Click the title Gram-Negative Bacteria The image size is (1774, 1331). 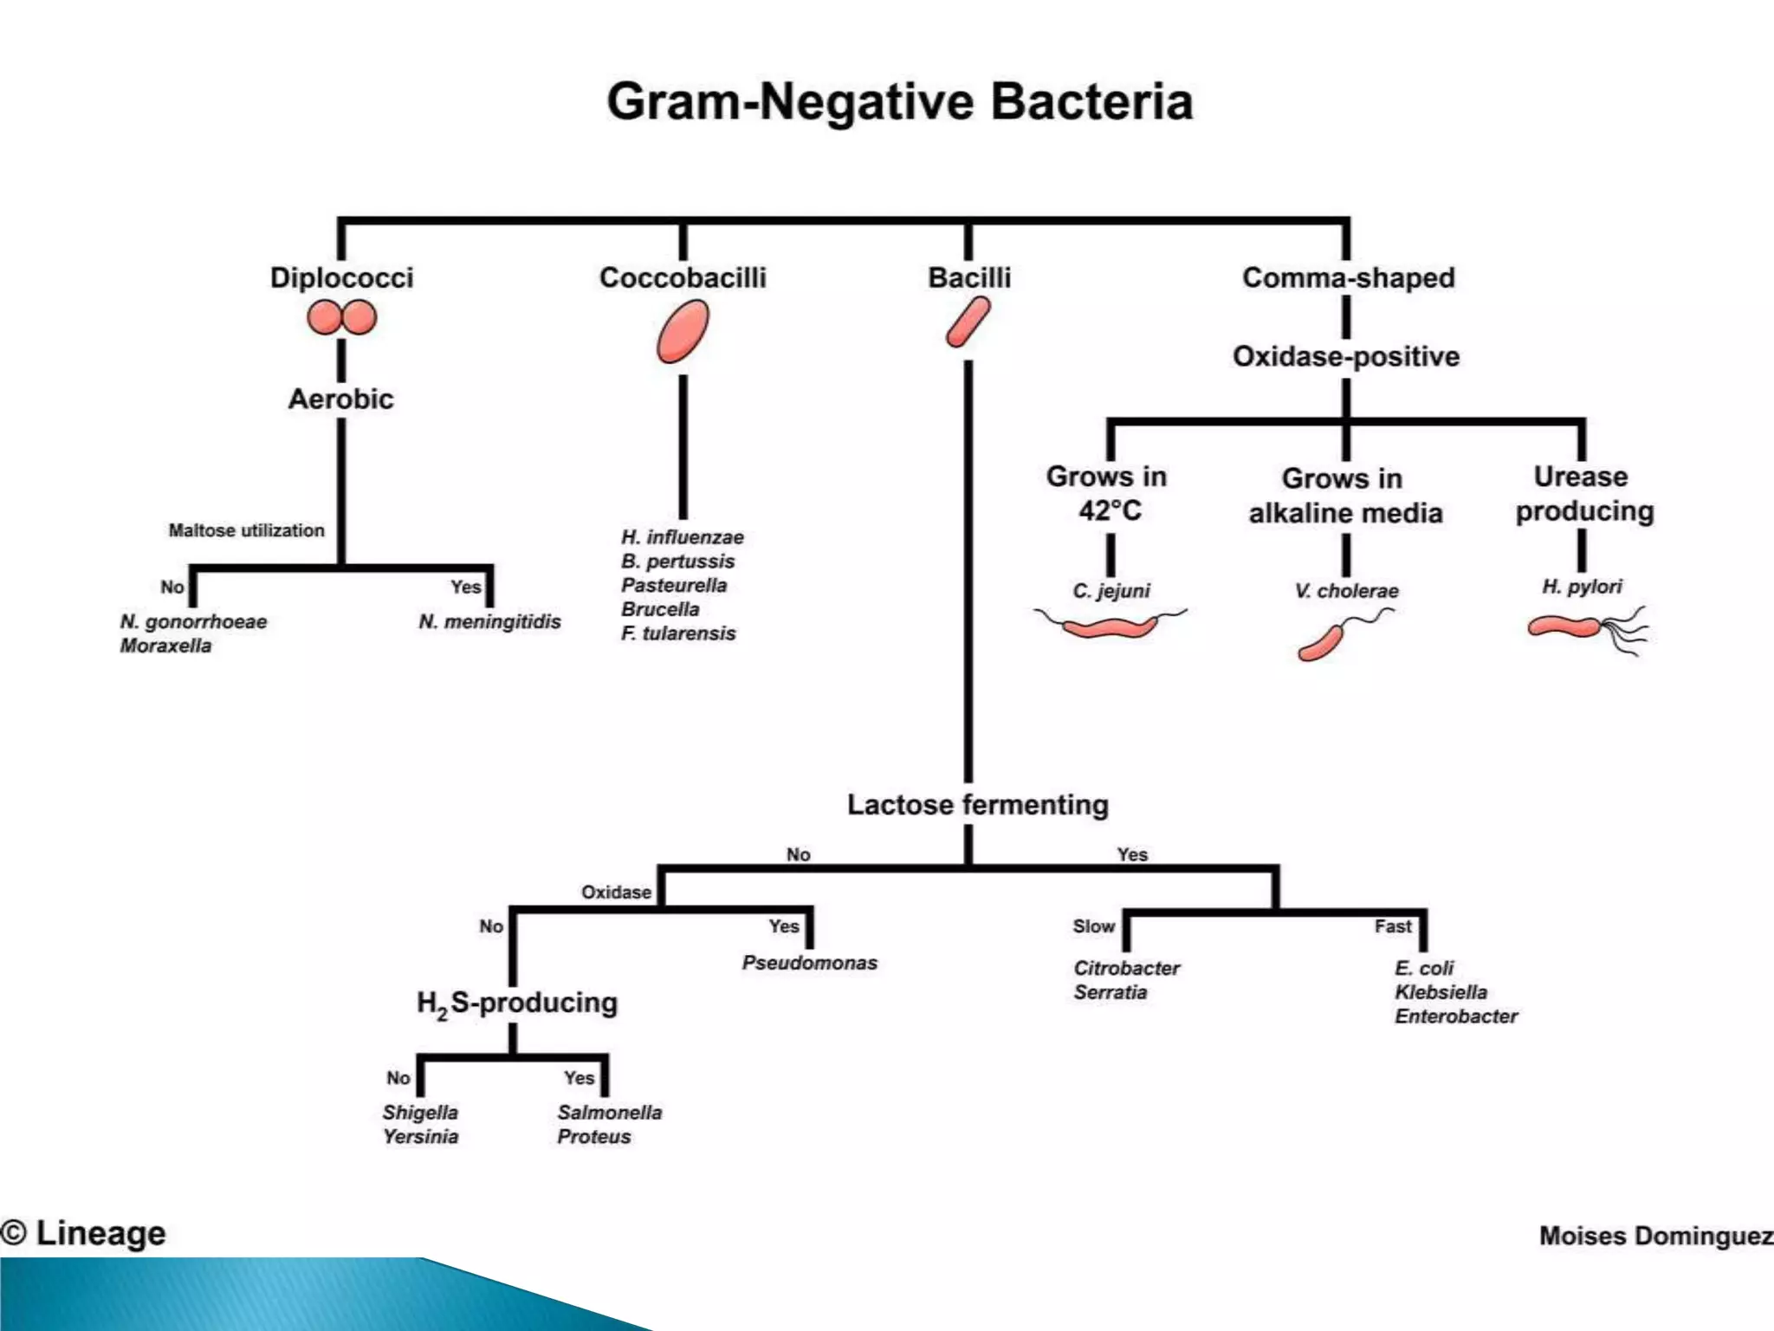[899, 102]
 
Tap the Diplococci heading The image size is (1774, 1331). [341, 277]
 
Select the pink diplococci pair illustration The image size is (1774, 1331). [341, 317]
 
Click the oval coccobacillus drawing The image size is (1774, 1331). [683, 331]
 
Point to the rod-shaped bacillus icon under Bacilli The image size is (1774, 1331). [968, 322]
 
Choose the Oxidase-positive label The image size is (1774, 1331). [1345, 356]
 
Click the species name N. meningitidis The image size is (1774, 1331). [489, 621]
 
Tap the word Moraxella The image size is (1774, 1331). [165, 646]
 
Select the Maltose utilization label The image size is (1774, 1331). [246, 530]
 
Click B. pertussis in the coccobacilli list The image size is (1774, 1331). [677, 562]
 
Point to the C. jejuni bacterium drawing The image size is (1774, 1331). [1109, 624]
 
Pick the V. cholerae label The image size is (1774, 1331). [1346, 591]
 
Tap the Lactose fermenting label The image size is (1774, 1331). [977, 804]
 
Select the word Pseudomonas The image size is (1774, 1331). [809, 963]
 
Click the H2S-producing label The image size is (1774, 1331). [517, 1003]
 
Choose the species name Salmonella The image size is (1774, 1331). [609, 1113]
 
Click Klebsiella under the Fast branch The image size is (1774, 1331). [1441, 992]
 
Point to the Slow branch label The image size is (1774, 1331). [1093, 926]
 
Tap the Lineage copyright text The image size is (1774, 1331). [84, 1232]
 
